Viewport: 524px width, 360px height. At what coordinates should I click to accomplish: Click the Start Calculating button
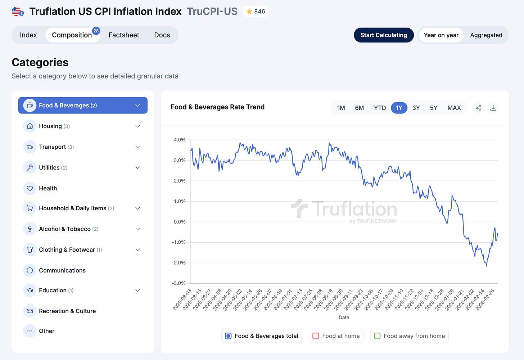click(x=384, y=35)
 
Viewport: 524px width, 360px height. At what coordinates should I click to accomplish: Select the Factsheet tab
click(x=124, y=35)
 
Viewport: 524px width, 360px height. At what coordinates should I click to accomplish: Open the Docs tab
click(x=162, y=35)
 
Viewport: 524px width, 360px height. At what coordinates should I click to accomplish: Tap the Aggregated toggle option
click(x=486, y=35)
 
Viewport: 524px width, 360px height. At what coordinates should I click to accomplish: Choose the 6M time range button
click(x=359, y=108)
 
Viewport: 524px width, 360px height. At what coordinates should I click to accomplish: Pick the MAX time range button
click(x=454, y=108)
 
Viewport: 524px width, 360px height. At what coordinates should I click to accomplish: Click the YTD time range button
click(x=380, y=108)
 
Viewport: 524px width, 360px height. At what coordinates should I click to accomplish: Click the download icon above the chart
click(x=493, y=108)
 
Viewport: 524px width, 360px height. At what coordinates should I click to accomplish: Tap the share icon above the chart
click(x=478, y=108)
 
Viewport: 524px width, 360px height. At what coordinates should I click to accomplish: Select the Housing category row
click(x=83, y=126)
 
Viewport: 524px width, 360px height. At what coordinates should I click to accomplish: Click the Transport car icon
click(x=30, y=147)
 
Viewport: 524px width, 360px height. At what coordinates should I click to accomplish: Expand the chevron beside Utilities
click(x=137, y=168)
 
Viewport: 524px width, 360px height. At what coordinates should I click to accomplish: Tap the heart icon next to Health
click(x=30, y=188)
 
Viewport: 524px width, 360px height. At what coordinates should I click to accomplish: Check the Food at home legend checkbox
click(x=316, y=336)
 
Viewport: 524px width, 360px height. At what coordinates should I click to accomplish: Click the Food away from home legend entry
click(x=410, y=336)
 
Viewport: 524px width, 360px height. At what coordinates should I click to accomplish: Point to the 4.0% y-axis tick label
click(x=180, y=140)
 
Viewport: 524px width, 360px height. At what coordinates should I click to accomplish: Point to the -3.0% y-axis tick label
click(x=179, y=283)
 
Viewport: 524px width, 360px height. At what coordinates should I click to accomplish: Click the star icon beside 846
click(x=249, y=11)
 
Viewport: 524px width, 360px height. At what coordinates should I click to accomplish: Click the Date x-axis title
click(x=344, y=318)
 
